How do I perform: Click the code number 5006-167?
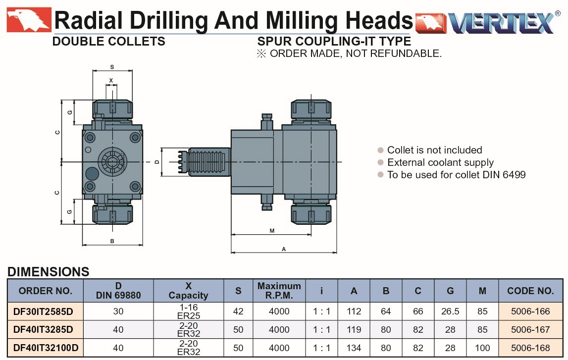(530, 330)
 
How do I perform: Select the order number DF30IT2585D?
(43, 311)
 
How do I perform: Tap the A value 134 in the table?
(354, 348)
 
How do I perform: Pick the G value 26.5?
(450, 311)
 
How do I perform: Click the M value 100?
(482, 348)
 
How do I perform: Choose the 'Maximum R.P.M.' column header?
(279, 291)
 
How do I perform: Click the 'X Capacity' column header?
(188, 291)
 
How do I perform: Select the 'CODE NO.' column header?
(530, 291)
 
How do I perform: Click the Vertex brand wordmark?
(501, 23)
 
